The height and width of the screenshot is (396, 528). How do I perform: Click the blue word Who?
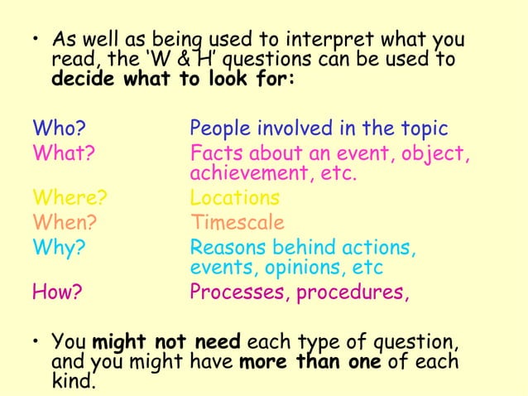click(60, 130)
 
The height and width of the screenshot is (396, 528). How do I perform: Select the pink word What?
click(63, 153)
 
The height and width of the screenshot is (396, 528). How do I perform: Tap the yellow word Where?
click(70, 199)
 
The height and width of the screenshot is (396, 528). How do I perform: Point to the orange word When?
click(65, 222)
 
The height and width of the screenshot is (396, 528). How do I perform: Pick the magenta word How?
click(57, 292)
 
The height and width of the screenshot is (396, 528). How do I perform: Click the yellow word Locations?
click(234, 199)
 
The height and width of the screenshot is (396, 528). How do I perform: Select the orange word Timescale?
click(238, 222)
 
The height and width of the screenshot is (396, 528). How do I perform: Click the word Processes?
click(239, 292)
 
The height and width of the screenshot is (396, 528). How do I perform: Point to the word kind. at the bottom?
click(74, 382)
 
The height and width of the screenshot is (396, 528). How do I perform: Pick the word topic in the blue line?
click(425, 130)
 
